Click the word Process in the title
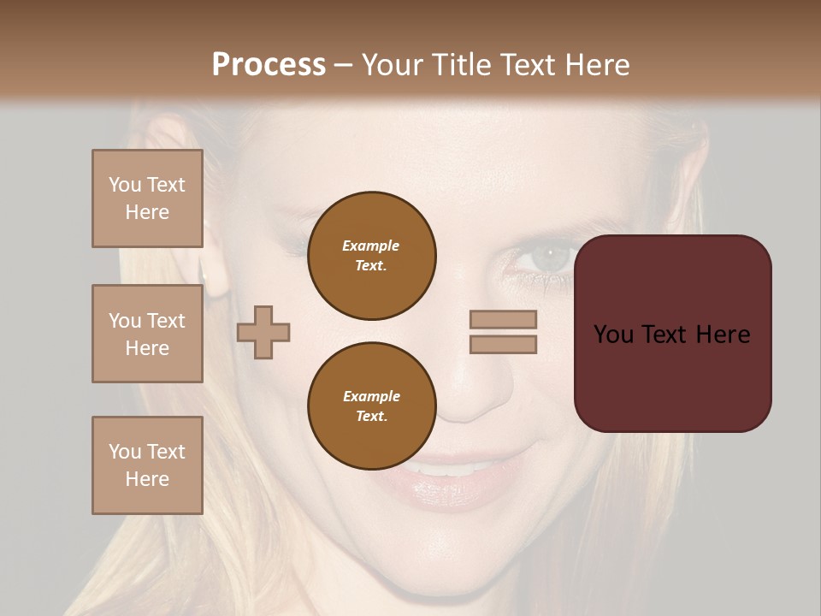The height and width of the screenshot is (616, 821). [269, 64]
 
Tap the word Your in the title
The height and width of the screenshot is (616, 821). [391, 64]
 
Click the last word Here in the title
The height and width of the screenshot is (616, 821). [594, 64]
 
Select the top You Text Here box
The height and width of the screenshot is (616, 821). [147, 198]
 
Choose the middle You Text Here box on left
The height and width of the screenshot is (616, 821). [147, 334]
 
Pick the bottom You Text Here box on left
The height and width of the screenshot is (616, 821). [147, 465]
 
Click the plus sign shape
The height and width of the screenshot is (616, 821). [263, 332]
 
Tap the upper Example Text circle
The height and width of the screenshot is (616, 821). [372, 256]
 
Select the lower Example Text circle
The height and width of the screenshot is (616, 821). [372, 406]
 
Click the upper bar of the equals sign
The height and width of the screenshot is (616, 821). [503, 320]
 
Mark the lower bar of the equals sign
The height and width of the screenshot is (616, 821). [503, 344]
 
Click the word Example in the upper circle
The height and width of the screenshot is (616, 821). [371, 246]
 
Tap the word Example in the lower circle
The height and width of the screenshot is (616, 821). [371, 396]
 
